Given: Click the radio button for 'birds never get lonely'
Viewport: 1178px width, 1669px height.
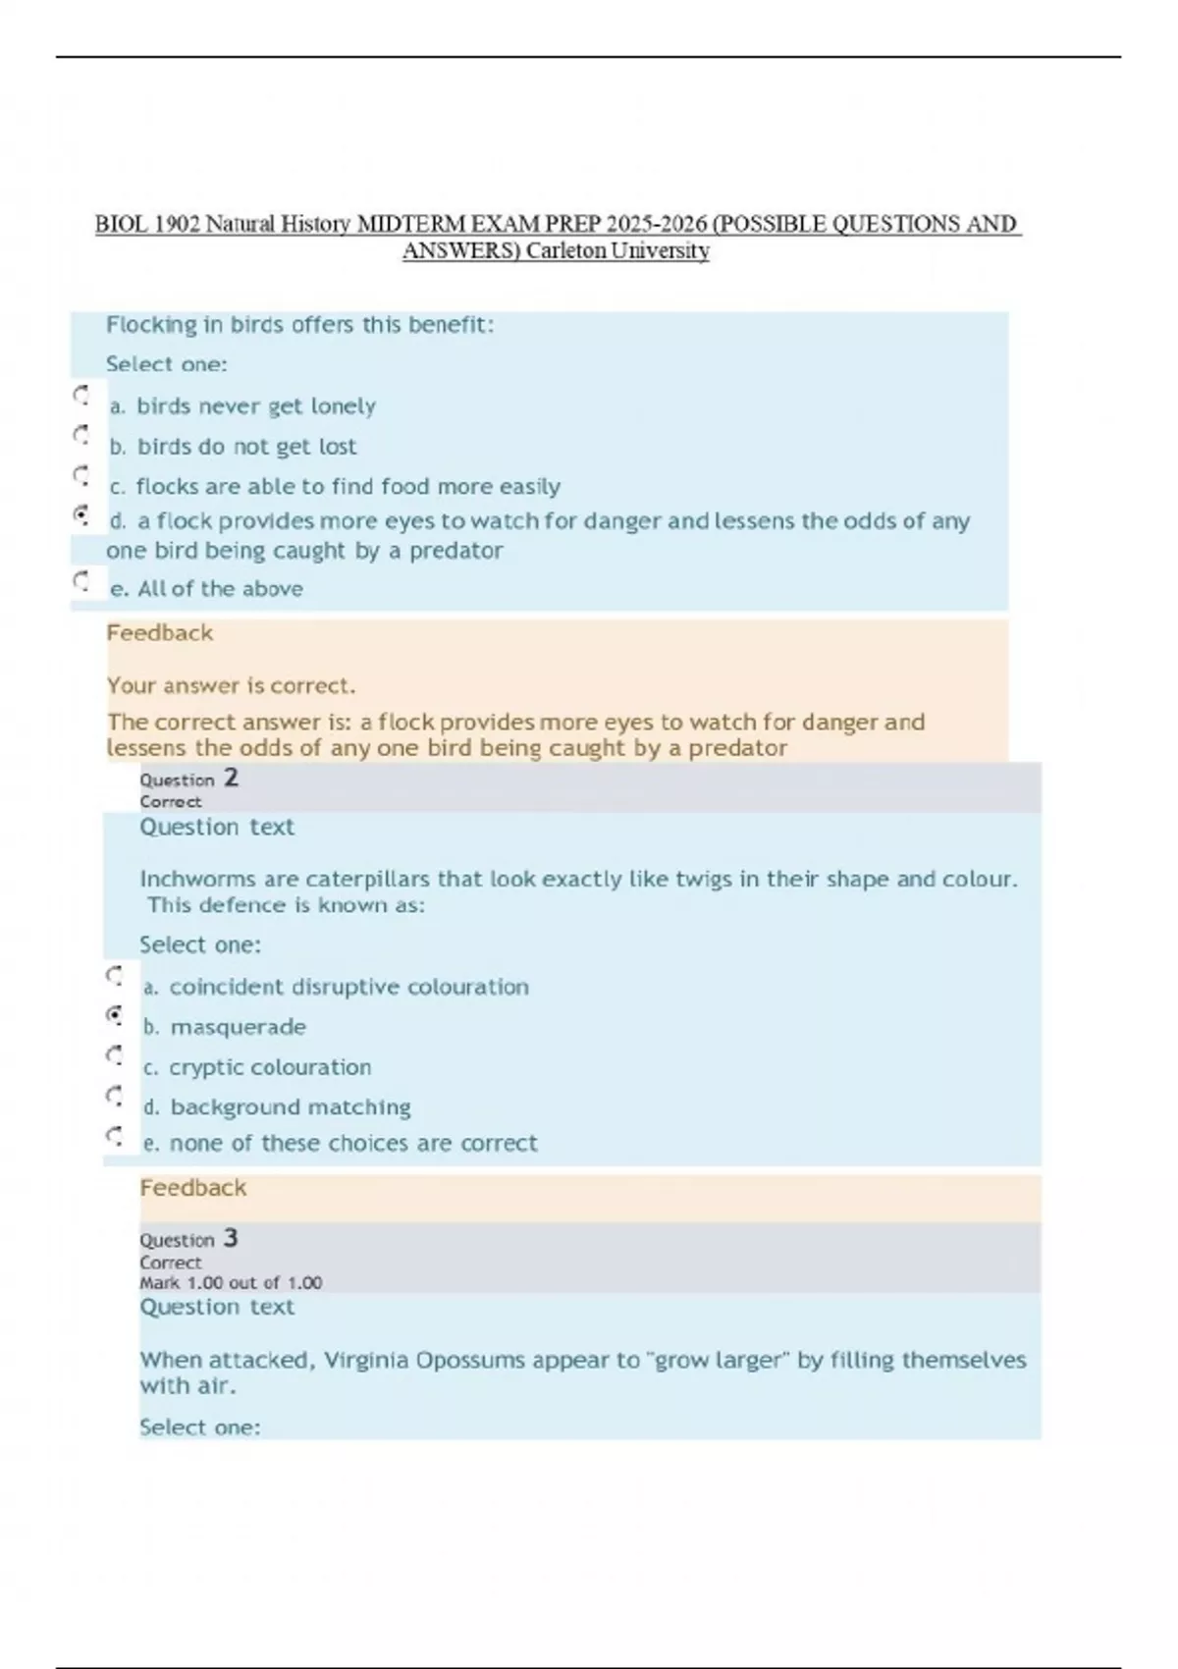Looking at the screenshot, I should pos(81,396).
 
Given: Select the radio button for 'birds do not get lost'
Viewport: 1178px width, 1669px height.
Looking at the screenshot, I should pos(81,435).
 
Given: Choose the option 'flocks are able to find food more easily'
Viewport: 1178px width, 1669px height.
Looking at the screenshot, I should pos(81,476).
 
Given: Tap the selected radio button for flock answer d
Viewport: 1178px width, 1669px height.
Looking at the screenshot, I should pos(81,514).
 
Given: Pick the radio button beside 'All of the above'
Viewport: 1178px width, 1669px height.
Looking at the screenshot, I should pos(81,581).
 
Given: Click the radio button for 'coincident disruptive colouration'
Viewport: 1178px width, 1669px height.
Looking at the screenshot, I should pos(115,977).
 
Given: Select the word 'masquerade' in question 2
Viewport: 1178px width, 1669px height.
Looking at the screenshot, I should pos(238,1027).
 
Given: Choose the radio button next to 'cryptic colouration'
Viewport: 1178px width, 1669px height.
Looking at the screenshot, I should pos(115,1056).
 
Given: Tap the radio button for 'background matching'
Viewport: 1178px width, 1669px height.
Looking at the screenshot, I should pos(115,1097).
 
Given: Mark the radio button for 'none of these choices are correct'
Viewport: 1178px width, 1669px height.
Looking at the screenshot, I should pos(115,1137).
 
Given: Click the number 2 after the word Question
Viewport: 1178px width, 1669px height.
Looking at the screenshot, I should pos(231,779).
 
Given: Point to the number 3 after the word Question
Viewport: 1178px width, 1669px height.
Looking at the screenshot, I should pos(231,1238).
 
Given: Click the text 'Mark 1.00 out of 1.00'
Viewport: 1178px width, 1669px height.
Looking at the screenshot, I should pos(231,1283).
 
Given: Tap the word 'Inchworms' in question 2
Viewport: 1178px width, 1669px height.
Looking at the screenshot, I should pos(190,879).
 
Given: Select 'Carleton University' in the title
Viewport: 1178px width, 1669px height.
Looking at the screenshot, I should pos(617,251).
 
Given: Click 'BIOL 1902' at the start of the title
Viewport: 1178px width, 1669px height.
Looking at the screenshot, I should pos(147,225).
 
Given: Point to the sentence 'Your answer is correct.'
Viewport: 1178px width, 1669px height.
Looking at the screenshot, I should pos(231,685).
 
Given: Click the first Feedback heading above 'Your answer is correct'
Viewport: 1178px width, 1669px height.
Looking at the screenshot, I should pos(159,633).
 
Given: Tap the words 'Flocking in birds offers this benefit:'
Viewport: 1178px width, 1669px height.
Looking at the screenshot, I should pos(299,325).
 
